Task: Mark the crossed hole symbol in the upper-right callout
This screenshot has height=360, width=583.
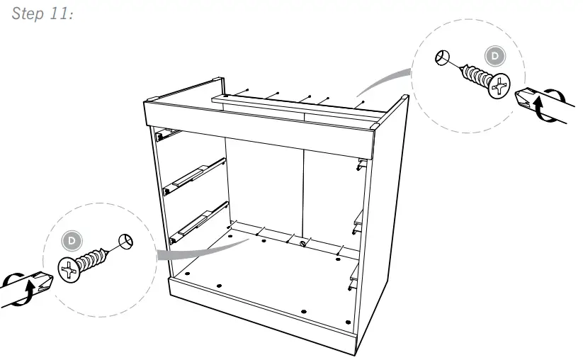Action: pos(441,57)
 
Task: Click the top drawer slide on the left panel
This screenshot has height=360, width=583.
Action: pos(164,131)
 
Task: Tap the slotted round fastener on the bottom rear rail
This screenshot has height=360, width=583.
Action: pos(303,245)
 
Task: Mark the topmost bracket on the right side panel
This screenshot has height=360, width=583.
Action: pos(361,164)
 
